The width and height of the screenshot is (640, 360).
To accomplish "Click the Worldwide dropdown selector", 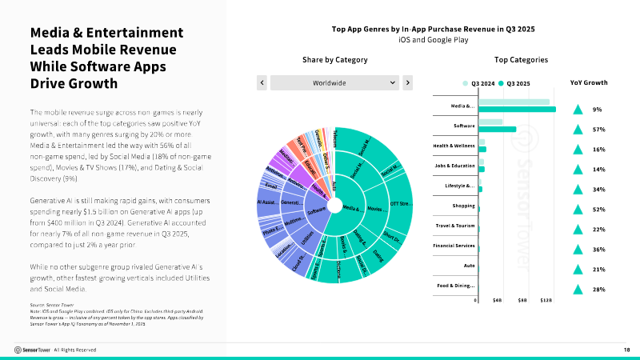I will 334,82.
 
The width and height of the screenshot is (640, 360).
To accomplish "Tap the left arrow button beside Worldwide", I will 261,82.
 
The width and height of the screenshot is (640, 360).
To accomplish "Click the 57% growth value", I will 598,129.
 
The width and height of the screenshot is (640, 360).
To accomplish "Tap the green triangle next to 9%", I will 576,110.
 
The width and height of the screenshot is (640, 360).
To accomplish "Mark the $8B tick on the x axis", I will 522,301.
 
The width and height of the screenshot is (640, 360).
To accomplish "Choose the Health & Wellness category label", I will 454,146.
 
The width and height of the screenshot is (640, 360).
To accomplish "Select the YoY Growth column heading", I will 588,82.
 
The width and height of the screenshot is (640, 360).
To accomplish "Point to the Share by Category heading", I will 335,60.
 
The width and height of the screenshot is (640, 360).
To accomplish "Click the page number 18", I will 626,350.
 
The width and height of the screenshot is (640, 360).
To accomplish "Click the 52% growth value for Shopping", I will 598,209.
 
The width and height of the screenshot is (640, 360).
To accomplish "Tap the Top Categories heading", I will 521,60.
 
